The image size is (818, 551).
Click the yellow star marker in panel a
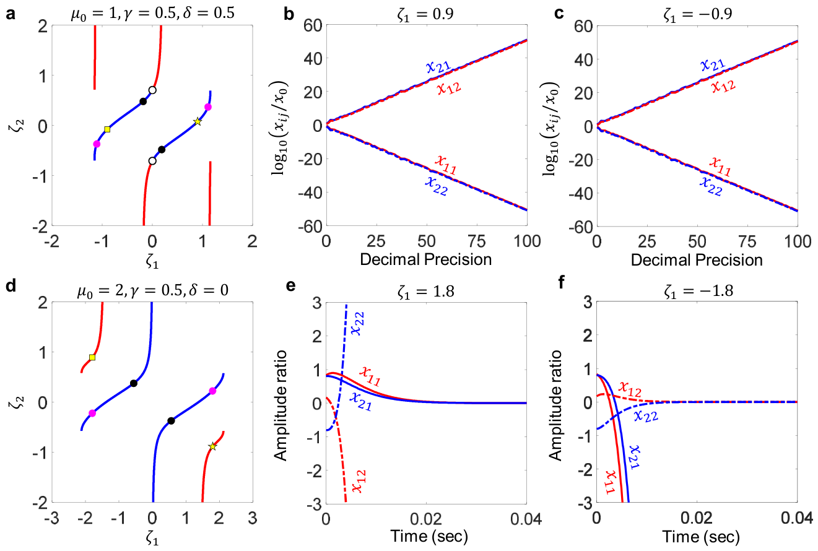click(x=198, y=121)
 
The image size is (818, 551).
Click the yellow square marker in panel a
click(x=107, y=129)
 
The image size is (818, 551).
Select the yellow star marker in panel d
click(x=212, y=446)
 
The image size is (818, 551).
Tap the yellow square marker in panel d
click(x=92, y=357)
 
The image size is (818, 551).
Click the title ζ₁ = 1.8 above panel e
click(x=426, y=292)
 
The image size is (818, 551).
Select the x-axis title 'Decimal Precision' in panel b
click(x=426, y=259)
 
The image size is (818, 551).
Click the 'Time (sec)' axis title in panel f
click(x=701, y=537)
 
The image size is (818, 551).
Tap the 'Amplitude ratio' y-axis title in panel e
click(x=280, y=406)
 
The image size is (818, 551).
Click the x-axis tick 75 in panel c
click(x=747, y=241)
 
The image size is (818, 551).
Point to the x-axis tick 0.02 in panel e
click(x=426, y=519)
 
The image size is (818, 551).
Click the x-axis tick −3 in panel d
click(x=51, y=519)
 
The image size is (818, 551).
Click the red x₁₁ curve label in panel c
click(x=720, y=166)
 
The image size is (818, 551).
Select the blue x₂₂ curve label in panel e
click(x=357, y=323)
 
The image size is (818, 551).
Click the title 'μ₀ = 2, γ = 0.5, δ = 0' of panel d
click(x=153, y=291)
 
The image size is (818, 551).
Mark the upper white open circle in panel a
click(x=152, y=90)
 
